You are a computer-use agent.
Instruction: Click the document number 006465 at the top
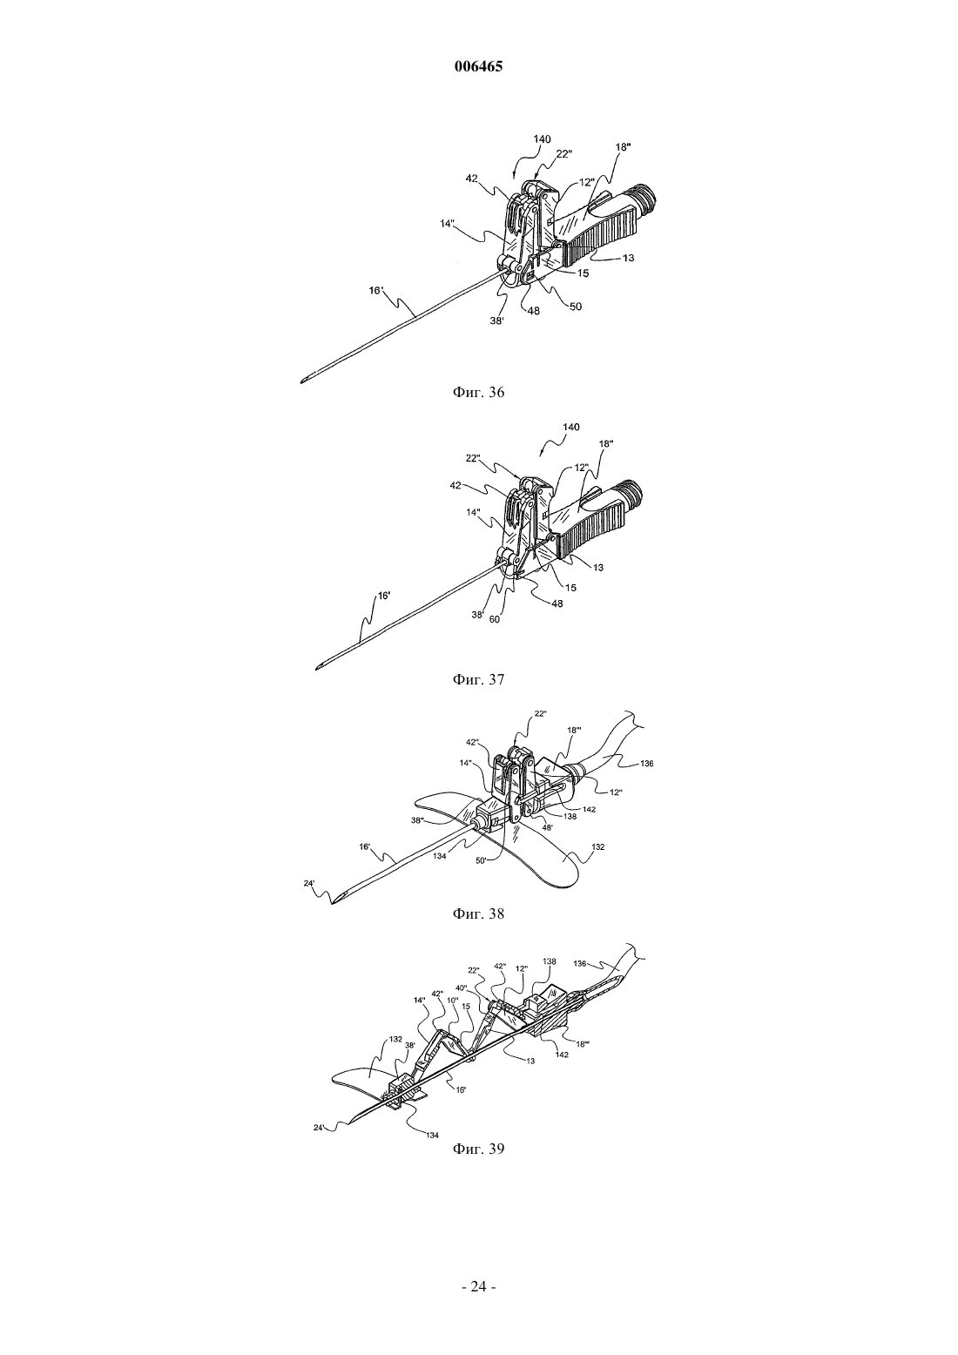coord(478,67)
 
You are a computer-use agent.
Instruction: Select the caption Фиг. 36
coord(478,392)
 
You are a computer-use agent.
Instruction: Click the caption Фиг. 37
coord(478,679)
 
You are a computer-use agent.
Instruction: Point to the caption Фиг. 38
coord(478,914)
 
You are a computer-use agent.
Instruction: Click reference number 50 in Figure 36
coord(575,307)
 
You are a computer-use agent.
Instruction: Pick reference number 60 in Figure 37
coord(495,619)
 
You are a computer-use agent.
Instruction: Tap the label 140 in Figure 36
coord(542,139)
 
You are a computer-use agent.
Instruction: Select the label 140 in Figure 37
coord(570,427)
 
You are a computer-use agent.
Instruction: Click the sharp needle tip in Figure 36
coord(301,381)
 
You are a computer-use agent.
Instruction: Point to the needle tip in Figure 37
coord(317,669)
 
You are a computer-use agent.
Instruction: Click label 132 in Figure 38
coord(597,847)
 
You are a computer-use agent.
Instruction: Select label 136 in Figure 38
coord(646,764)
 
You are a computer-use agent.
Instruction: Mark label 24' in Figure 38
coord(310,883)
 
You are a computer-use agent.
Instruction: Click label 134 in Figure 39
coord(432,1135)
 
